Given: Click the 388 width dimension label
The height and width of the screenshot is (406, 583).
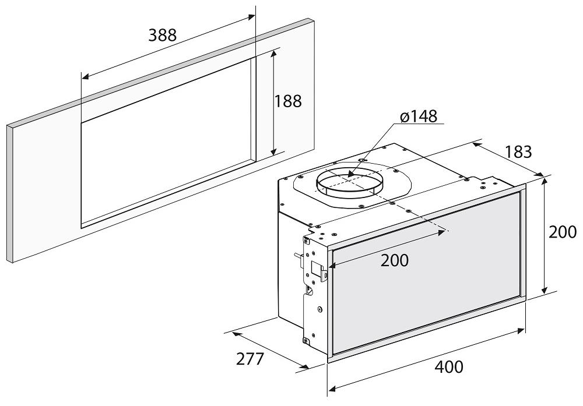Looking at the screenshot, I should (162, 35).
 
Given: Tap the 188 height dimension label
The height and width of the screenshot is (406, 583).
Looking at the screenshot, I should (288, 101).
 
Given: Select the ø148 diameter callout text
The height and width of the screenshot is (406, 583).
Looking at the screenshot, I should (419, 116).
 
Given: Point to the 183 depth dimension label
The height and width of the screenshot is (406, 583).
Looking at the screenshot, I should (518, 152).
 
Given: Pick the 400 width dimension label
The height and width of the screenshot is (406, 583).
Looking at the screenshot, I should (449, 367).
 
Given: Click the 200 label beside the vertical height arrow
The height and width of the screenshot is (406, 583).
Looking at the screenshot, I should (563, 232).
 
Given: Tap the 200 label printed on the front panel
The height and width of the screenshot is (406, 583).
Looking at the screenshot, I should (395, 260).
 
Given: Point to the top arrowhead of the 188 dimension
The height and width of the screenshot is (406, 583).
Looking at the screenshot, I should (273, 52).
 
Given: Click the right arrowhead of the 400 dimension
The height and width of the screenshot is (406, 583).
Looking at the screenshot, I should (524, 330).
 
